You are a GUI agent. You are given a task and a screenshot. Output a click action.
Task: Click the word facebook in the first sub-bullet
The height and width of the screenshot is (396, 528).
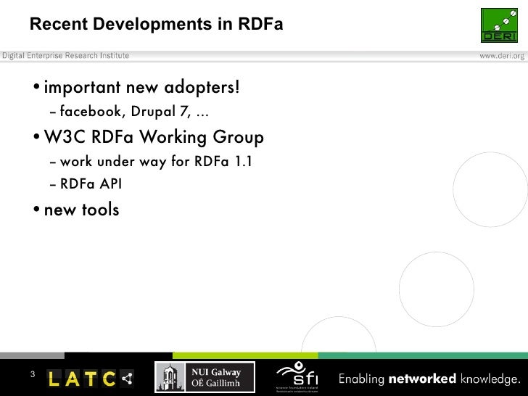[92, 112]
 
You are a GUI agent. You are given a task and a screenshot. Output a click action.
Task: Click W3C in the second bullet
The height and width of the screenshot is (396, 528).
[65, 137]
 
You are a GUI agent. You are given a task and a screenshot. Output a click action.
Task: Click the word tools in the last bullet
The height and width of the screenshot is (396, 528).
[101, 210]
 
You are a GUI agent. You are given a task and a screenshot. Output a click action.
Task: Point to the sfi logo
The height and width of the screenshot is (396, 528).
[300, 376]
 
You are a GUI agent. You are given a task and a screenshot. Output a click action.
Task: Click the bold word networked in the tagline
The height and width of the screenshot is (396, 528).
[422, 379]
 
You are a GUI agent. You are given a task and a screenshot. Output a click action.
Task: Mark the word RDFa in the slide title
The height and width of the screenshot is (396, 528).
[258, 25]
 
